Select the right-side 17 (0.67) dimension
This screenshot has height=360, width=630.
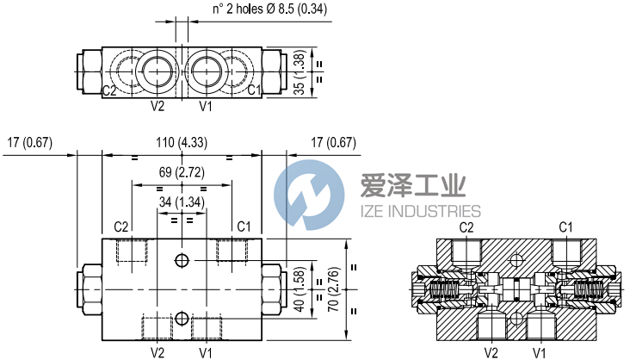coord(332,142)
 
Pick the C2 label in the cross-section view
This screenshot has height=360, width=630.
coord(466,227)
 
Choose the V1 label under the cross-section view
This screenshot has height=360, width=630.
coord(539,351)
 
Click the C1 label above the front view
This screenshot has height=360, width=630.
coord(244,227)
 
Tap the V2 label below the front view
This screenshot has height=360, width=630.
coord(157,351)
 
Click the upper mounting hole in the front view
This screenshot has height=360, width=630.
coord(181,260)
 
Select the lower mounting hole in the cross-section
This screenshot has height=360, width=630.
coord(516,320)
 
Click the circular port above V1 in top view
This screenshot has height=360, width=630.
coord(205,66)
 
